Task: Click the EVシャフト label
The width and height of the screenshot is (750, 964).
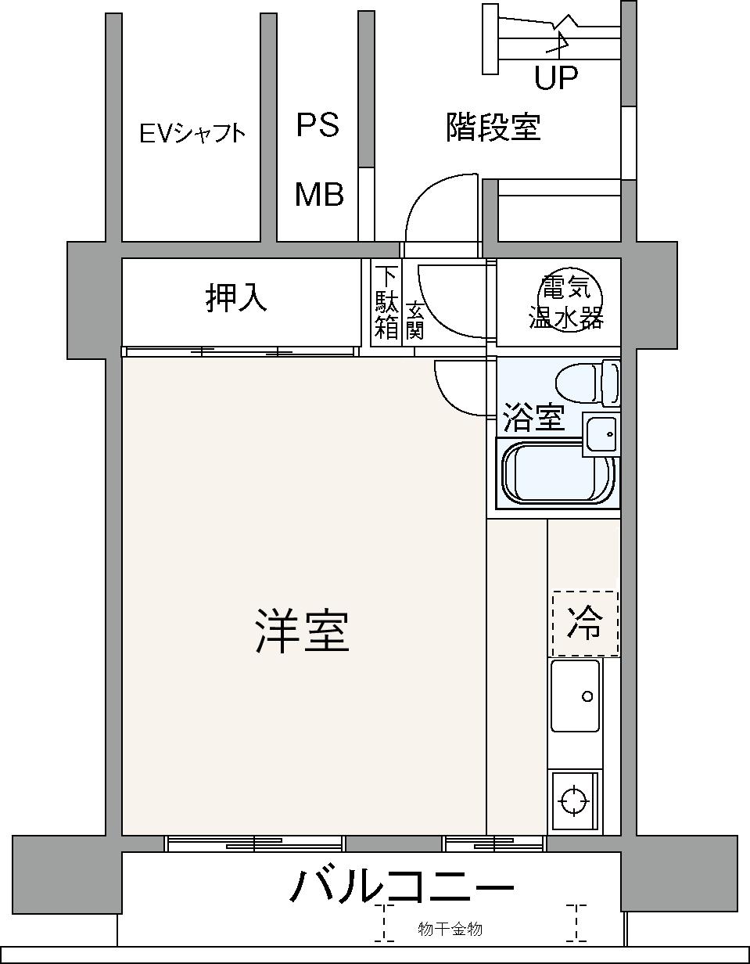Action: coord(192,133)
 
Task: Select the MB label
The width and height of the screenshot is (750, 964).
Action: coord(319,194)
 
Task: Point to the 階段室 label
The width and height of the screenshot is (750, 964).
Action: coord(493,127)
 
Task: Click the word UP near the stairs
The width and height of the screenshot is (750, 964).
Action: coord(556,77)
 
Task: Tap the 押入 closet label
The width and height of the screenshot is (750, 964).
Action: coord(236,299)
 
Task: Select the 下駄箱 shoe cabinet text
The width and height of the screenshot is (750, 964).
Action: coord(386,304)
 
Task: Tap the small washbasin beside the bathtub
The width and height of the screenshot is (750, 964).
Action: coord(601,434)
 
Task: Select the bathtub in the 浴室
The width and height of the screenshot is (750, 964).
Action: coord(558,473)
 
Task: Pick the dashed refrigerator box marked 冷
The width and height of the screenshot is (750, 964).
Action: coord(585,624)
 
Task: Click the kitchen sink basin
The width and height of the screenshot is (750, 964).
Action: coord(575,696)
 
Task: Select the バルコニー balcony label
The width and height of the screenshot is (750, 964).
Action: coord(401,887)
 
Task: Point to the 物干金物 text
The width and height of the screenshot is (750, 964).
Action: coord(450,929)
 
